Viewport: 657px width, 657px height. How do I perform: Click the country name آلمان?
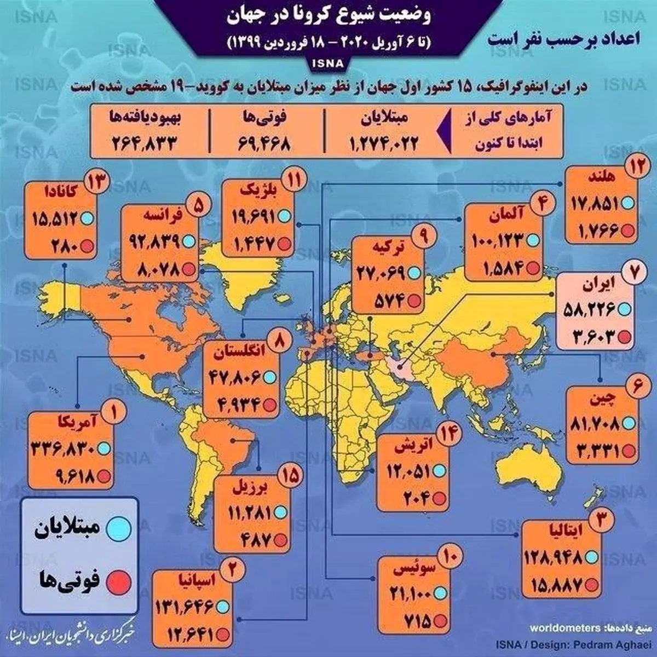(499, 216)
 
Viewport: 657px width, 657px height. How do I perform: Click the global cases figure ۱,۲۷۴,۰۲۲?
(383, 144)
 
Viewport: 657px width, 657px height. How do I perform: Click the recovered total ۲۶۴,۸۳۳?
(145, 145)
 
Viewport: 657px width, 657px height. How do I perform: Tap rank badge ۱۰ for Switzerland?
(450, 558)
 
